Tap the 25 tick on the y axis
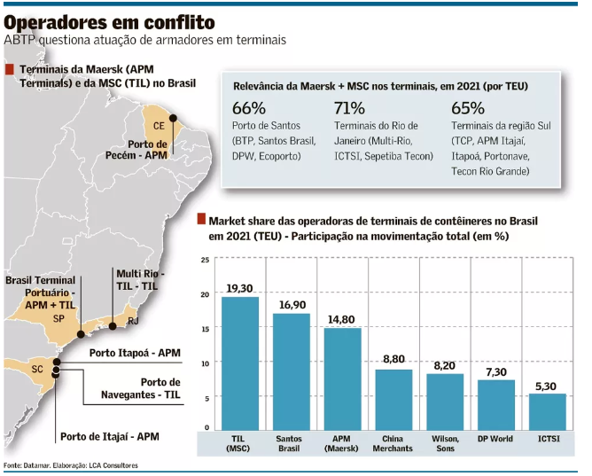click(x=205, y=261)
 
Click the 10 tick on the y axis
click(x=205, y=363)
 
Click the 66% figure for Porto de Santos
click(x=249, y=108)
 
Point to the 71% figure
click(x=349, y=108)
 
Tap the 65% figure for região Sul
click(x=467, y=108)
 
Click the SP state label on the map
click(x=58, y=318)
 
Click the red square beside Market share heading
click(x=201, y=219)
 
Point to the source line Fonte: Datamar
click(x=71, y=465)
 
